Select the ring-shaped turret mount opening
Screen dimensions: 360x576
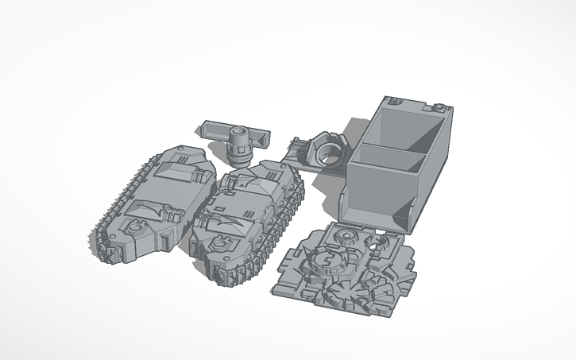pyautogui.click(x=328, y=147)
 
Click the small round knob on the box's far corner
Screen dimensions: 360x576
pyautogui.click(x=437, y=106)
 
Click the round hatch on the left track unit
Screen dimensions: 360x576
pyautogui.click(x=133, y=227)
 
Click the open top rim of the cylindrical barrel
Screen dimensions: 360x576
pyautogui.click(x=238, y=130)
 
